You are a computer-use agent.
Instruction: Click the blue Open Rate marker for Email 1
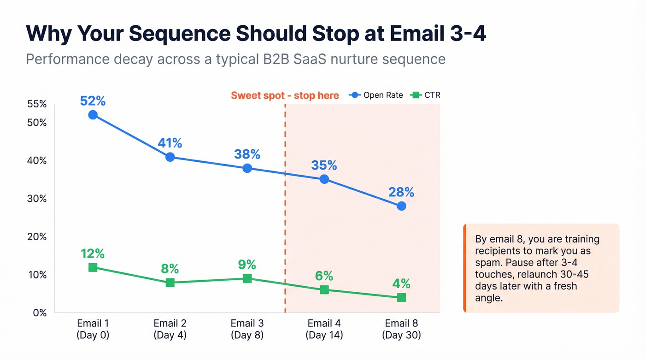coord(93,115)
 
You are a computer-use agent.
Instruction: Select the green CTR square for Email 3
coord(247,278)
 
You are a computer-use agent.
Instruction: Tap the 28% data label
coord(401,192)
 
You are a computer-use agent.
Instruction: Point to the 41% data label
coord(170,143)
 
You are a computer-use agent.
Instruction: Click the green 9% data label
coord(247,265)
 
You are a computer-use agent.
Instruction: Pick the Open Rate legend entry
coord(376,95)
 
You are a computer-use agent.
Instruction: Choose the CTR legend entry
coord(426,95)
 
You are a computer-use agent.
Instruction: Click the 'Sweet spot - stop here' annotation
coord(285,96)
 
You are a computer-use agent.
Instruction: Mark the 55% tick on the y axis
coord(37,104)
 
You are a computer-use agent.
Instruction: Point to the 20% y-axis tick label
coord(37,236)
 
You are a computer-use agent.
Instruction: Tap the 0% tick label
coord(40,313)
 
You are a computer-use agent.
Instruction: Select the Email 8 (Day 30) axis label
coord(401,329)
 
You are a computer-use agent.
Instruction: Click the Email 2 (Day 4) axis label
coord(170,329)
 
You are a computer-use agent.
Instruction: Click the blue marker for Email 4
coord(324,179)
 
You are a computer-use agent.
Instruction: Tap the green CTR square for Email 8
coord(401,298)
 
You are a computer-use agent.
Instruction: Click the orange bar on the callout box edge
coord(465,268)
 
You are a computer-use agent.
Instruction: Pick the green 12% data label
coord(93,254)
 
